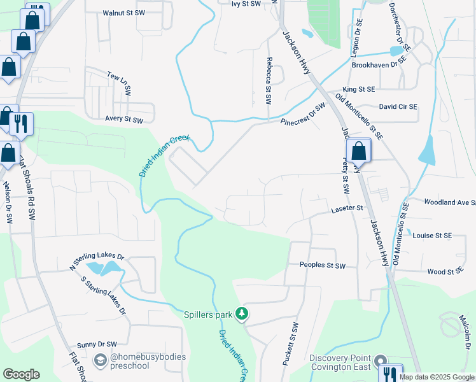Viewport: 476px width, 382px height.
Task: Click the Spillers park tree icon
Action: tap(241, 313)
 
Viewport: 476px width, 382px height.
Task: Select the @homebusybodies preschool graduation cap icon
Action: tap(101, 361)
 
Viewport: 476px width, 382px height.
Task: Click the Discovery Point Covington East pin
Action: tap(381, 361)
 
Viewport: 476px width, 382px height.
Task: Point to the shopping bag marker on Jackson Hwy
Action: tap(359, 152)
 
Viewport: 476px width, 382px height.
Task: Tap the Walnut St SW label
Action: tap(123, 13)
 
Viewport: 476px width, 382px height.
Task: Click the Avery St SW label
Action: tap(124, 119)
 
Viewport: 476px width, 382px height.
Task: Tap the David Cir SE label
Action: tap(398, 107)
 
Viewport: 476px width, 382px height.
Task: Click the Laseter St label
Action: tap(346, 208)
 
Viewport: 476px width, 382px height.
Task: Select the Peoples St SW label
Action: tap(322, 265)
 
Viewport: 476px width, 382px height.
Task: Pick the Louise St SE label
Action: tap(432, 236)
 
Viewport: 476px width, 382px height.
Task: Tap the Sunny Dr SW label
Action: tap(97, 344)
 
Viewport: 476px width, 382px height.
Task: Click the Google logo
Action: tap(21, 374)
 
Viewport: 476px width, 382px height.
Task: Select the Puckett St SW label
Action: tap(295, 344)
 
